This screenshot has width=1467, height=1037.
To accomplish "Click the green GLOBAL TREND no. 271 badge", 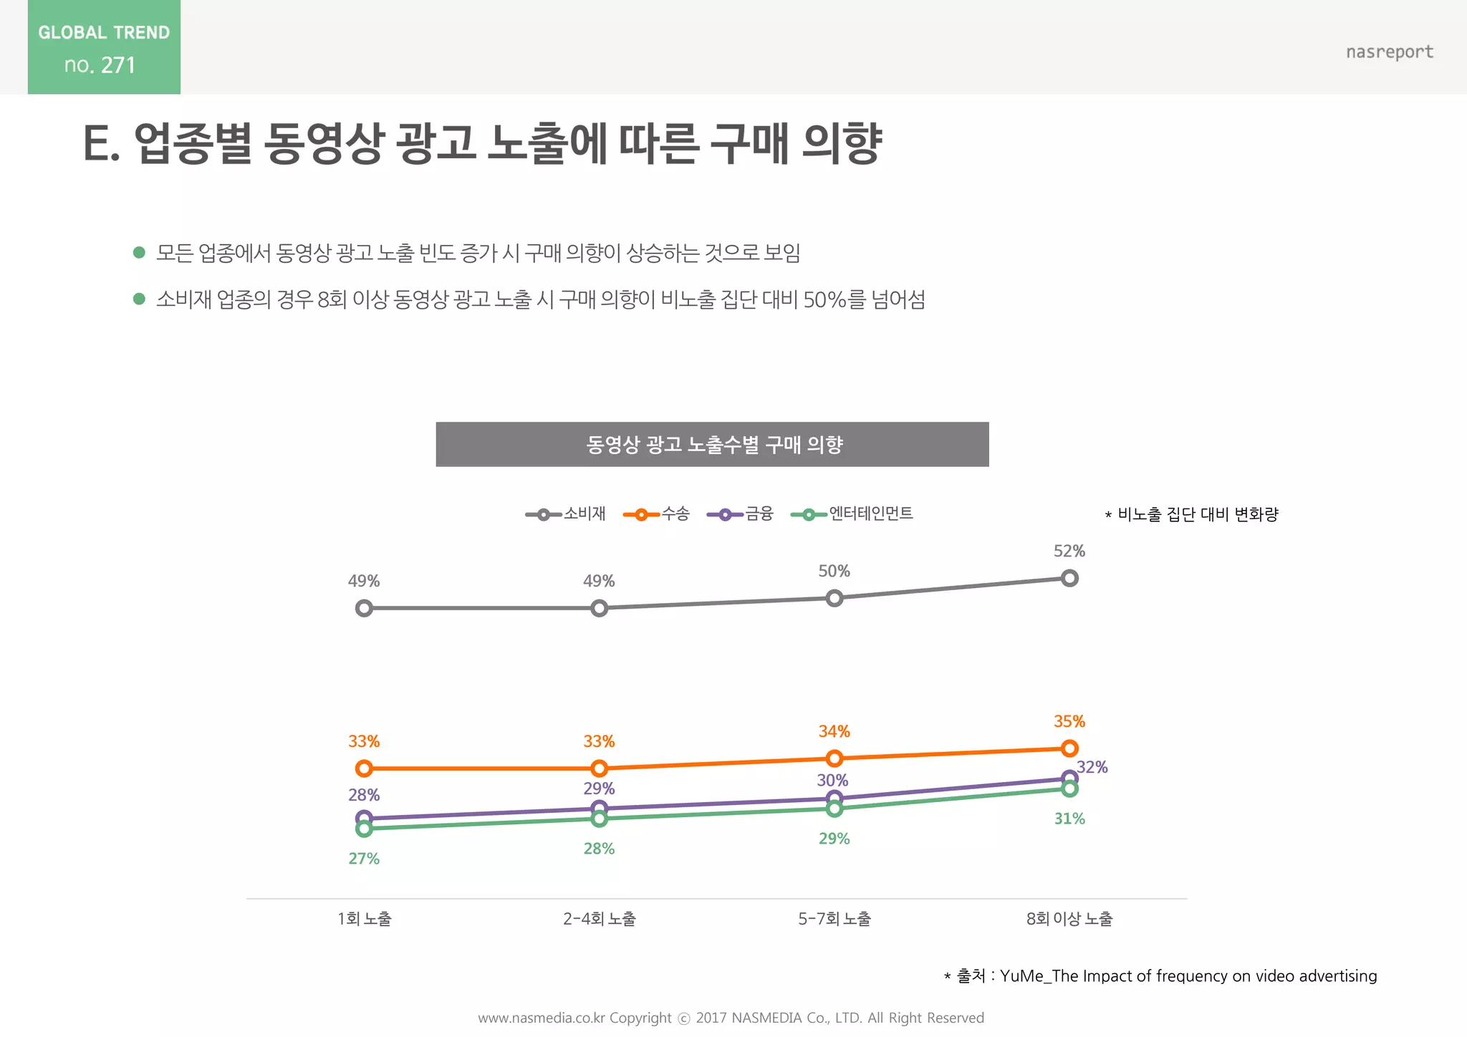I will coord(104,47).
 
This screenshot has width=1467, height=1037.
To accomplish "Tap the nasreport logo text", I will coord(1389,52).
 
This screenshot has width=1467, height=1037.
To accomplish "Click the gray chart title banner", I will coord(712,445).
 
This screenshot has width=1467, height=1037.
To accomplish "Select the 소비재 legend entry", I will coord(566,514).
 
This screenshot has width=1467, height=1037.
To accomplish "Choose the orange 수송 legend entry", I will coord(657,514).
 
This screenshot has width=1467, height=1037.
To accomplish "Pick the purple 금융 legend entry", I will coord(741,514).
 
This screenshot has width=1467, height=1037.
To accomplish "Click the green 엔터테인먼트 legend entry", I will coord(852,514).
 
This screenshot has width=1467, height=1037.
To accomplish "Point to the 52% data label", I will coord(1069,551).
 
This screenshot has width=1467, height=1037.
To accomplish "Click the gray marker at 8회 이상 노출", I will coord(1069,578).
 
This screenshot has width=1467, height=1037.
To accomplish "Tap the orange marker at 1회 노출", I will coord(364,768).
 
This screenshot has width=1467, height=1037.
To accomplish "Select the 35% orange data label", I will coord(1069,722).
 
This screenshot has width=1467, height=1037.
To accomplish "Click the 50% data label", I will coord(834,571).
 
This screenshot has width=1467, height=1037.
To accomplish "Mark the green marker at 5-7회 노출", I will coord(834,809).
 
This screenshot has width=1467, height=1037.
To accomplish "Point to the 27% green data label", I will coord(364,859).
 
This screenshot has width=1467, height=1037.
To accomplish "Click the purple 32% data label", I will coord(1092,768).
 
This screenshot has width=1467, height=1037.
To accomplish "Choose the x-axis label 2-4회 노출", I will coord(599,919).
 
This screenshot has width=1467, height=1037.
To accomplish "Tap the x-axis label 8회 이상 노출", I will coord(1069,919).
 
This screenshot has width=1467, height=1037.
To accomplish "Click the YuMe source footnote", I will coord(1160,976).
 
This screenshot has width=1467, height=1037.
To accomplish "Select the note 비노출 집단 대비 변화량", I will coord(1192,514).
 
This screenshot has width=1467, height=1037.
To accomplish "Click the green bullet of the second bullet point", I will coord(140,299).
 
